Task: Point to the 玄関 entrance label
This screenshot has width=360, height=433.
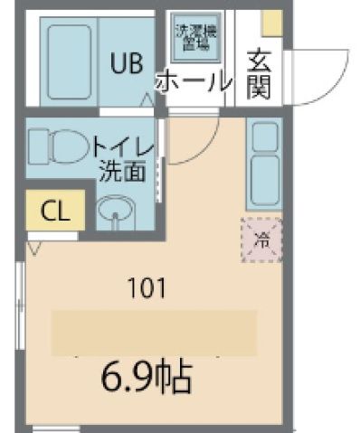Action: (259, 75)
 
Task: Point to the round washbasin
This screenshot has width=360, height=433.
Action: (115, 215)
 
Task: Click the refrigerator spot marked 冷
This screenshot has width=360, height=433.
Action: (262, 240)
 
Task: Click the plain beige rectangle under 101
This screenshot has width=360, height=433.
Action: (153, 332)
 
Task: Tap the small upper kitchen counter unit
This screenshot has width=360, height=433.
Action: (265, 136)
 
